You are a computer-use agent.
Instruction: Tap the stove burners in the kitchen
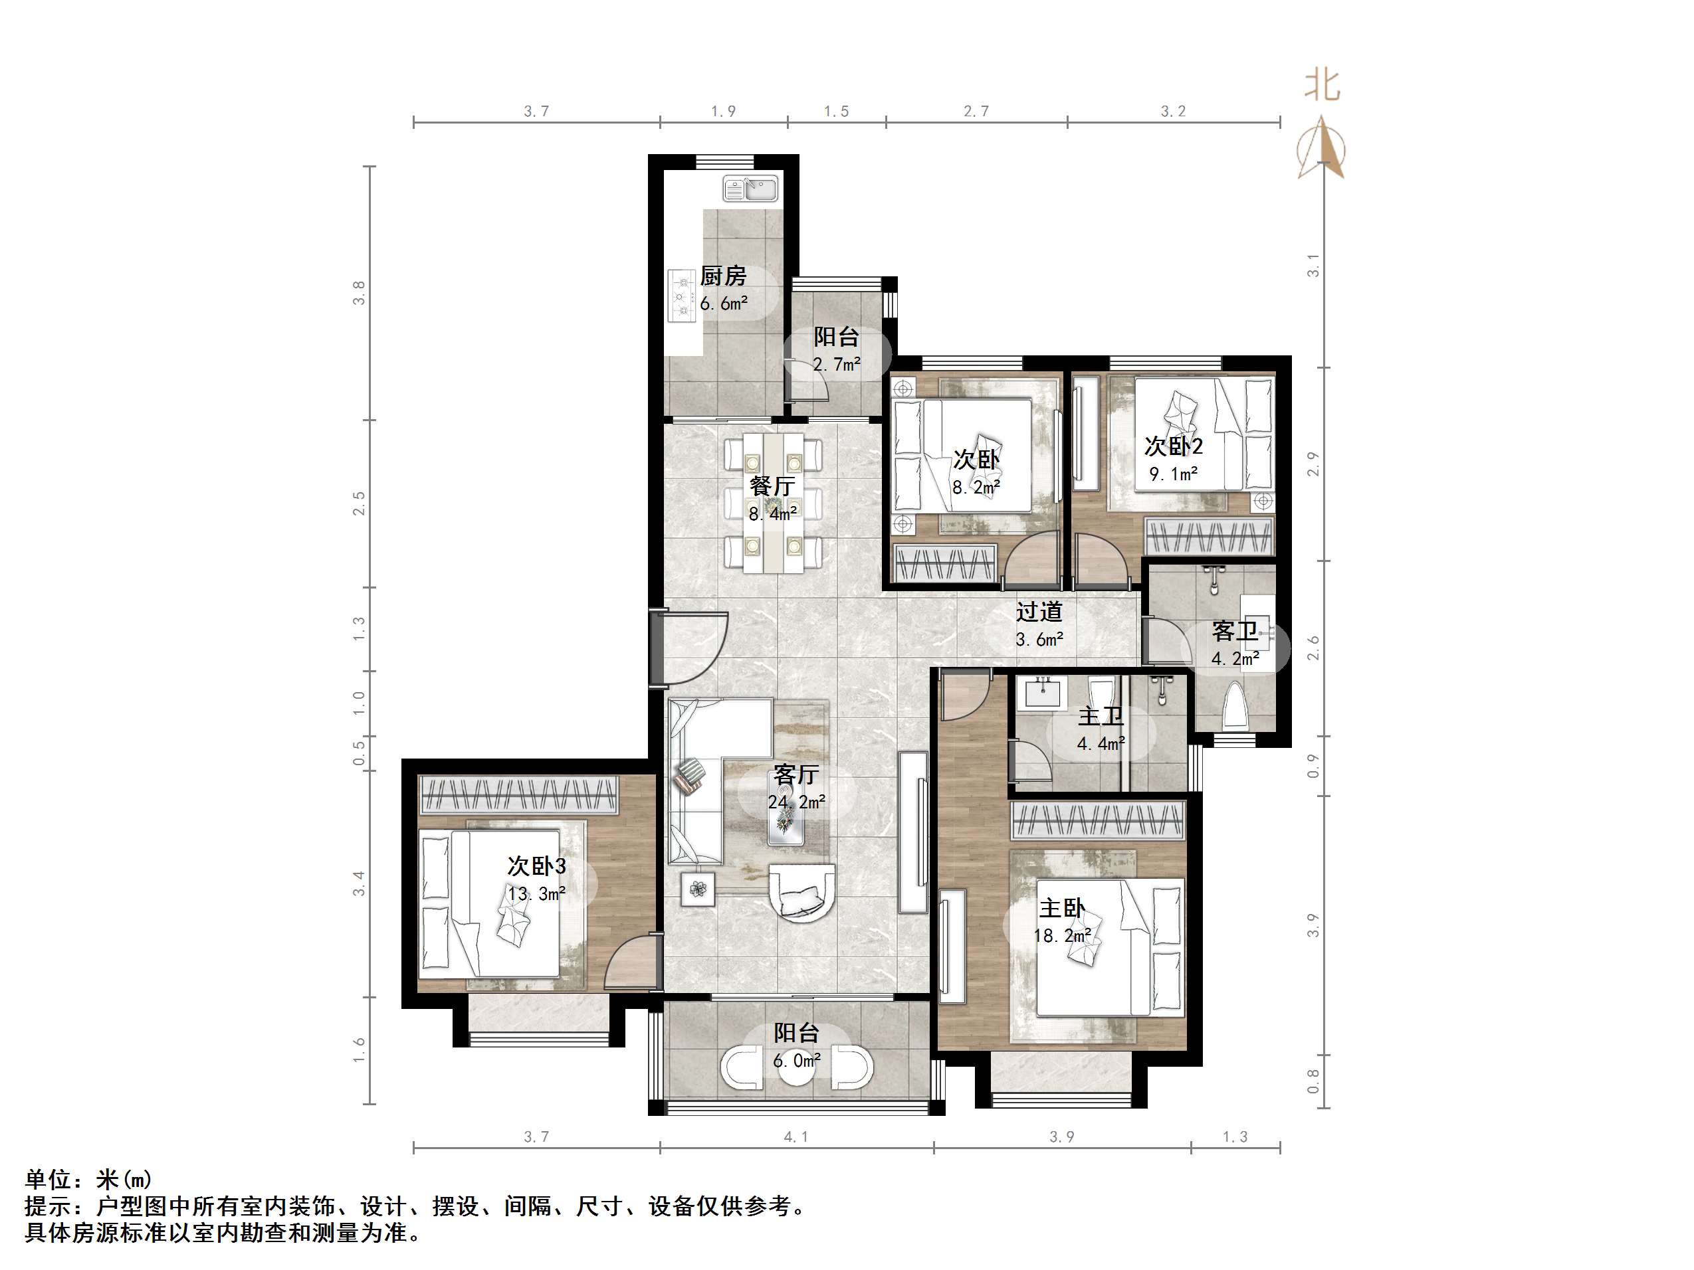(x=681, y=296)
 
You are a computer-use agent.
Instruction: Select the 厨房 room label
(x=723, y=276)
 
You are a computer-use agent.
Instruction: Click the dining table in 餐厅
(x=774, y=502)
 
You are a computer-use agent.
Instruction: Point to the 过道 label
(x=1039, y=612)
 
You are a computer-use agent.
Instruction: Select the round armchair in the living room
(x=802, y=893)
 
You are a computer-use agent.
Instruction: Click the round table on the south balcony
(x=796, y=1069)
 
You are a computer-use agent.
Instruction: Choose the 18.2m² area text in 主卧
(x=1062, y=935)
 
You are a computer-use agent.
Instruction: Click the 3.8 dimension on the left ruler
(x=359, y=293)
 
